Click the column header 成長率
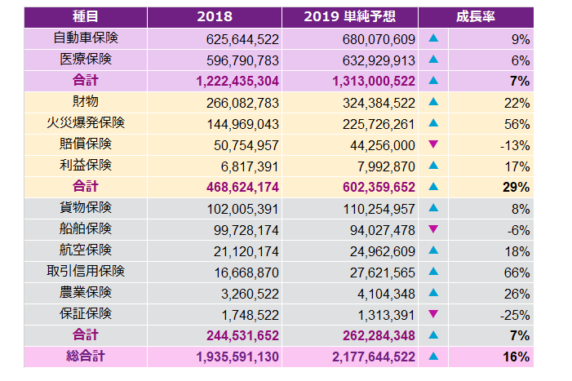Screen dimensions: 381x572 (x=476, y=17)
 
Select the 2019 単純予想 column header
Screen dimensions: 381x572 (x=350, y=17)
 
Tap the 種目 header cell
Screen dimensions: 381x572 (x=86, y=17)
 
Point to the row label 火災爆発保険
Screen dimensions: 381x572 (x=86, y=123)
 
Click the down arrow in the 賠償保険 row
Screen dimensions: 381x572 (x=433, y=144)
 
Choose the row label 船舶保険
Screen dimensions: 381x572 (x=86, y=228)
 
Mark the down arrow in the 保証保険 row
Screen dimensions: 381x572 (x=433, y=313)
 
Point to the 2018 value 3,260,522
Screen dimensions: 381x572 (x=248, y=292)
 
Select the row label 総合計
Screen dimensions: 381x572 (x=86, y=356)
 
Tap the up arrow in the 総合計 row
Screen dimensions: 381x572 (x=433, y=356)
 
